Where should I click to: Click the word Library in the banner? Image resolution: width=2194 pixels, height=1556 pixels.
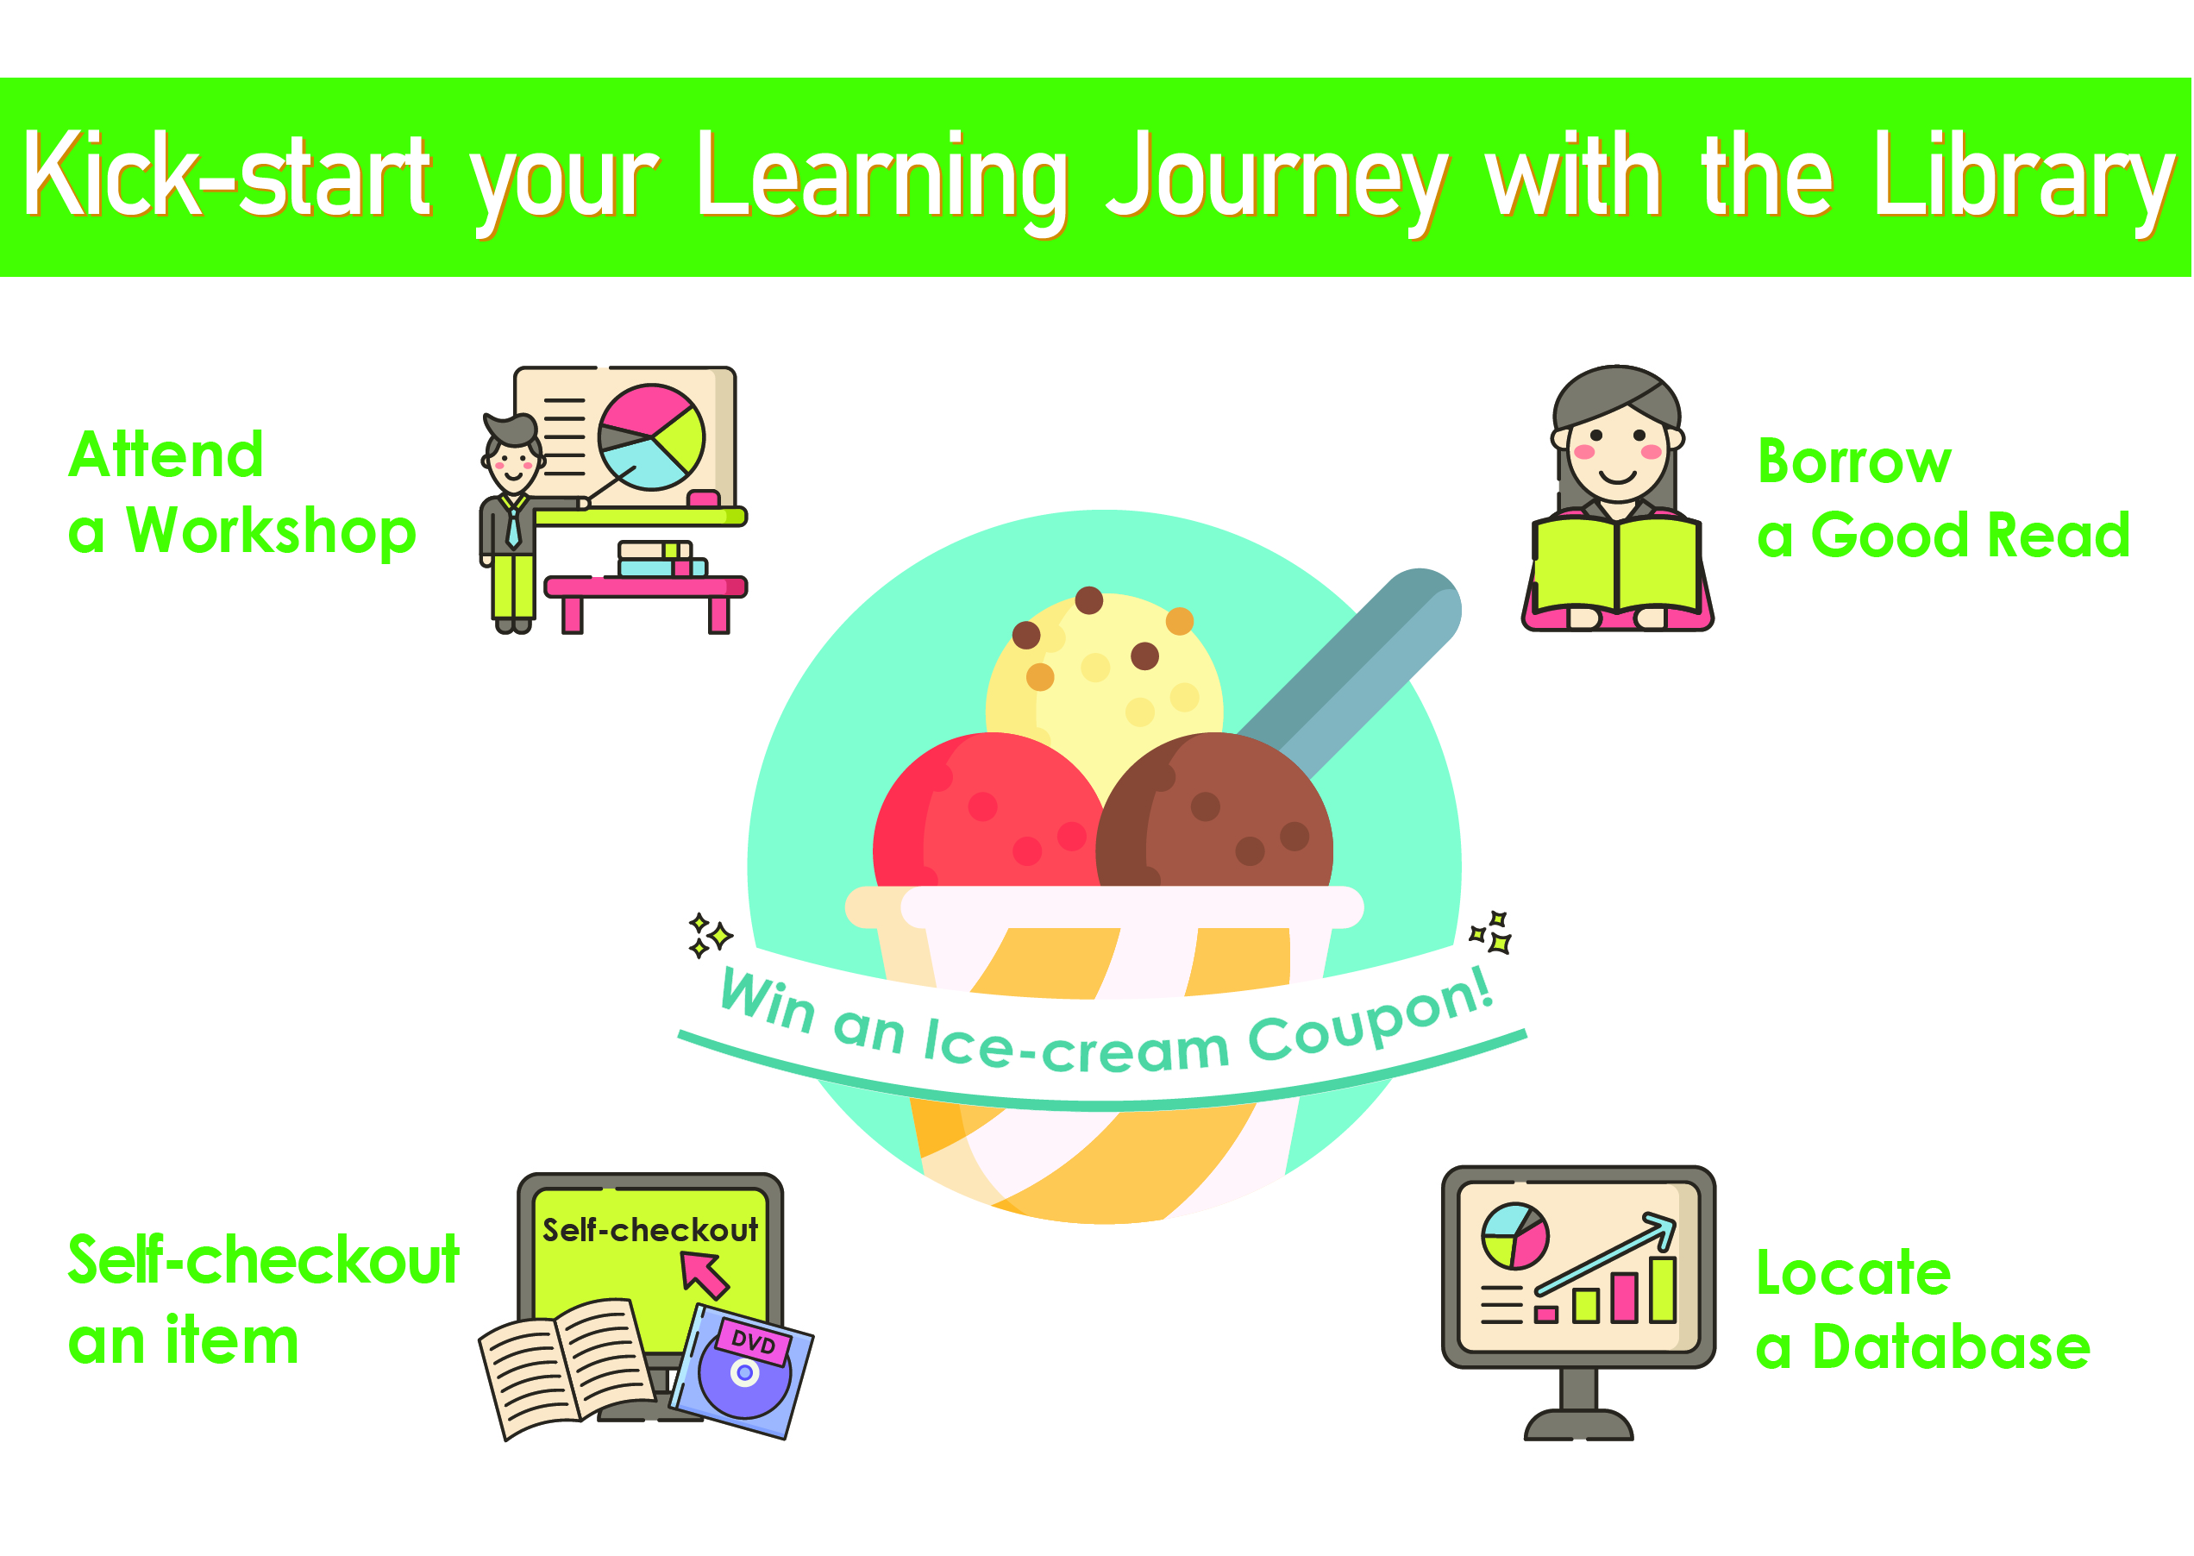(2022, 182)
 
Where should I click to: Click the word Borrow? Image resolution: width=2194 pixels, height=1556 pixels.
(1854, 461)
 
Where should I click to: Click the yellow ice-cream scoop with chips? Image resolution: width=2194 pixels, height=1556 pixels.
(1105, 671)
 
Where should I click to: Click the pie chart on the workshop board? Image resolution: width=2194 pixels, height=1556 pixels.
(651, 437)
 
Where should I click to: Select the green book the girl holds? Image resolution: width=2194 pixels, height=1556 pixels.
(1617, 565)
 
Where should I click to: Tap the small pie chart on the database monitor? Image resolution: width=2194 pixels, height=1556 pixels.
(1514, 1236)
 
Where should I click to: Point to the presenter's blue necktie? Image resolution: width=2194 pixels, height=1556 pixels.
(513, 525)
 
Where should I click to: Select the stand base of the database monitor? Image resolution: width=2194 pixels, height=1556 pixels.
(1578, 1424)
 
